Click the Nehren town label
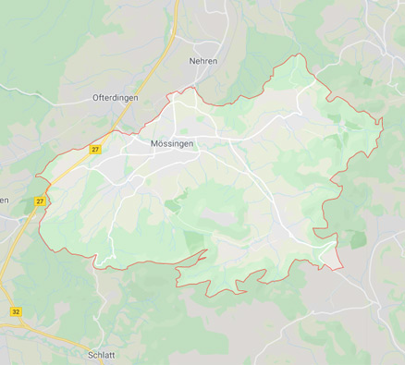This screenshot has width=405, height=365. click(x=202, y=61)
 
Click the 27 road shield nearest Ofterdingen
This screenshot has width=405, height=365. click(x=95, y=149)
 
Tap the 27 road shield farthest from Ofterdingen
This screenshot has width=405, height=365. click(x=40, y=201)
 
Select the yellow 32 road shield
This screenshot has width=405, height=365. click(x=16, y=312)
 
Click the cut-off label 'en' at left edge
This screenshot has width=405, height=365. click(x=5, y=201)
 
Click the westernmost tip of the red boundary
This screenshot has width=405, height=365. click(x=36, y=176)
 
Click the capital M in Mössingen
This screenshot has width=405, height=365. click(x=154, y=144)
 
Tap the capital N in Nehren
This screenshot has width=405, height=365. click(x=191, y=61)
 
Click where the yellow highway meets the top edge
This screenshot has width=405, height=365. click(x=175, y=2)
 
